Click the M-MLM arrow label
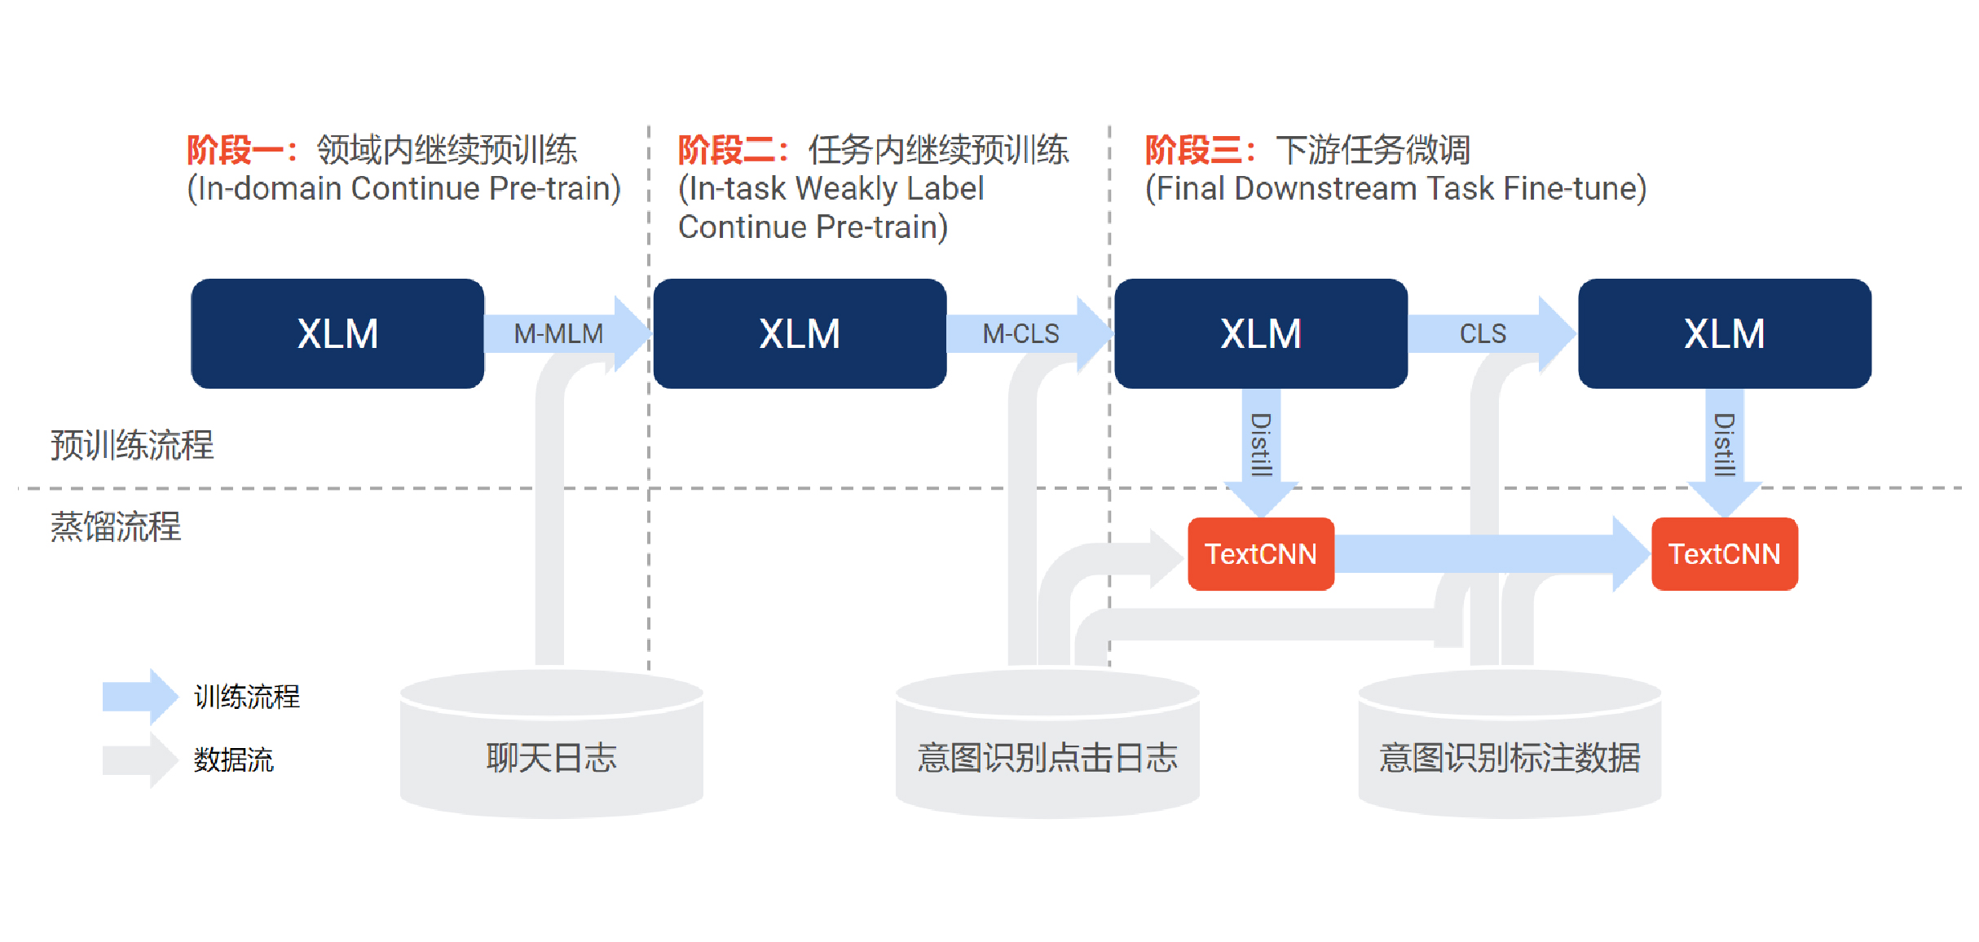coord(558,333)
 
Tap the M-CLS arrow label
coord(1020,333)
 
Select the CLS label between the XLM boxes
coord(1483,333)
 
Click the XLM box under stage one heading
coord(337,333)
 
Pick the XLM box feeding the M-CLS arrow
coord(800,333)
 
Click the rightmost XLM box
coord(1725,333)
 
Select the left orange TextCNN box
coord(1261,554)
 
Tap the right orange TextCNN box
coord(1725,554)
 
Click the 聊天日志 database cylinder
coord(552,744)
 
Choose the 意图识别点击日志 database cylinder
coord(1047,744)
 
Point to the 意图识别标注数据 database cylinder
coord(1510,744)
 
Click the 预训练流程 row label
coord(132,445)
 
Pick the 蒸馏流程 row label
coord(116,526)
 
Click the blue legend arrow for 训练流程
coord(140,697)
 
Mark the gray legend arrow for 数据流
coord(140,760)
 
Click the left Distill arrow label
coord(1261,444)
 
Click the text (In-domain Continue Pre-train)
coord(404,189)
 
